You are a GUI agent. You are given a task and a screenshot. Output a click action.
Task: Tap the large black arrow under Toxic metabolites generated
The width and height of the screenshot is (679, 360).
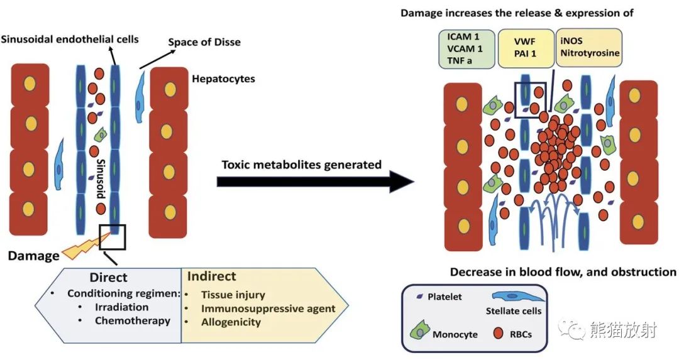click(315, 182)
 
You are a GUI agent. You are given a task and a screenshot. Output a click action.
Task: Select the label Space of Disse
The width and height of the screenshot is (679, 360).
click(204, 42)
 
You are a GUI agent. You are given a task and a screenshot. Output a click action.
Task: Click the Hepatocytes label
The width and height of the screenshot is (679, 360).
click(223, 79)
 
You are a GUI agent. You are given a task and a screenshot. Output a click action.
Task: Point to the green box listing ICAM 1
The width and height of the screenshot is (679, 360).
click(466, 48)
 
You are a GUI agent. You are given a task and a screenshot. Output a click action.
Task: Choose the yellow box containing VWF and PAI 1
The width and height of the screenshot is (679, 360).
click(526, 48)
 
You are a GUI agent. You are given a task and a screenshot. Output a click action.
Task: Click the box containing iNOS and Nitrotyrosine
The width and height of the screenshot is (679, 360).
click(589, 48)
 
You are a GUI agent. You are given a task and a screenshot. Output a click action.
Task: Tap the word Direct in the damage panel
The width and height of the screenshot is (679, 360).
click(108, 277)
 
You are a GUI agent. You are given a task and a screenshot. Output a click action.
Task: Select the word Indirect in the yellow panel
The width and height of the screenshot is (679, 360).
click(212, 276)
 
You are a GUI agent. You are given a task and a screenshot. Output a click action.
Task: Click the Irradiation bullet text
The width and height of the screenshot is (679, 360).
click(122, 307)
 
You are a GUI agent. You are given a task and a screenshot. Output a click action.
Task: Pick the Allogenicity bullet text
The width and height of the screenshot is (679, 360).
click(231, 322)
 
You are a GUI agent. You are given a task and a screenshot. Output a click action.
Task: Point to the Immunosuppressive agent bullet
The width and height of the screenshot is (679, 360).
click(268, 308)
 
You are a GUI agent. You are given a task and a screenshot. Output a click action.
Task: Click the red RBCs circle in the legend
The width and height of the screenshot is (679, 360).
click(499, 333)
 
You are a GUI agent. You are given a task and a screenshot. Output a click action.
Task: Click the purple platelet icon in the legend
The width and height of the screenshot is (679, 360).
click(419, 297)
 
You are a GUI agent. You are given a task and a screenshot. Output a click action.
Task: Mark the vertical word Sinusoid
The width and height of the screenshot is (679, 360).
click(101, 178)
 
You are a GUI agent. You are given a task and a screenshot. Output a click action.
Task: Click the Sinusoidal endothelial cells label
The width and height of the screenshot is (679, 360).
click(70, 40)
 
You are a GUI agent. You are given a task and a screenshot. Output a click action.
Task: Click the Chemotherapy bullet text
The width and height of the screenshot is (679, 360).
click(133, 320)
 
